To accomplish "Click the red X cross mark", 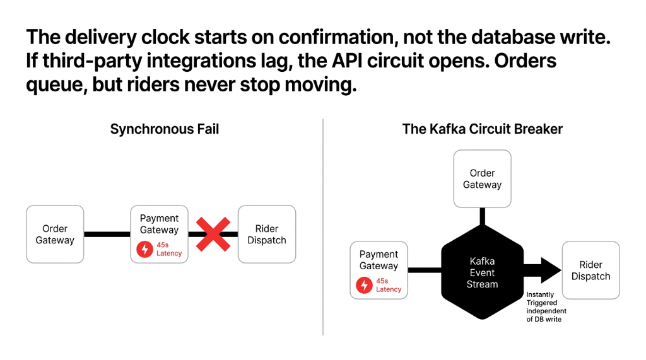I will click(x=213, y=235).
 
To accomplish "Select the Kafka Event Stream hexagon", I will click(x=482, y=272).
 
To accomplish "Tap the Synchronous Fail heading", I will click(x=165, y=129).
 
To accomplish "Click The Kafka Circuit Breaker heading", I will click(x=482, y=129).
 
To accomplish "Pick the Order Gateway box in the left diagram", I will click(x=55, y=235).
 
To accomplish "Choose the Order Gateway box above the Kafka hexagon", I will click(x=482, y=179).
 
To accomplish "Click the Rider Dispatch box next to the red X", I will click(x=266, y=235).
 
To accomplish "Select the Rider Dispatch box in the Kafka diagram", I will click(x=590, y=270).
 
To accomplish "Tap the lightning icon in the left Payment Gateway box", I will click(x=145, y=250).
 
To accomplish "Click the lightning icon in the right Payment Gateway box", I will click(x=364, y=286).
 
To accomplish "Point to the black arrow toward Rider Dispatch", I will click(x=542, y=270).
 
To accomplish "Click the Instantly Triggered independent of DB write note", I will click(x=546, y=307).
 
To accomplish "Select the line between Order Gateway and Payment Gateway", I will click(x=107, y=235).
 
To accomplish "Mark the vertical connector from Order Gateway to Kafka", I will click(x=482, y=216).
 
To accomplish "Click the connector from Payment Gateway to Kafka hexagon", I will click(x=424, y=270).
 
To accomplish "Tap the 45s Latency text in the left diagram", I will click(x=168, y=250).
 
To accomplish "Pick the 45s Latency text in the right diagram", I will click(x=388, y=286).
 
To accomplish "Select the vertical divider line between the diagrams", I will click(x=323, y=227).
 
